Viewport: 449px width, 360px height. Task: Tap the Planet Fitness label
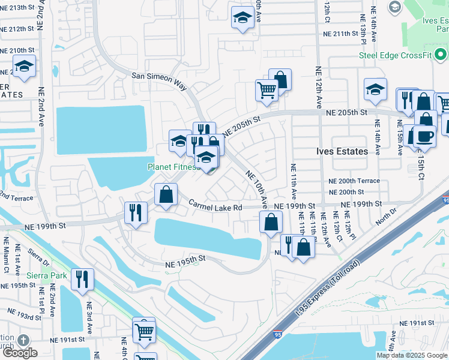pyautogui.click(x=173, y=167)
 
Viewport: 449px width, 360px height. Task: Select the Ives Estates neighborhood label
pyautogui.click(x=342, y=151)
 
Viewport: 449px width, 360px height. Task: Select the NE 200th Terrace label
pyautogui.click(x=354, y=181)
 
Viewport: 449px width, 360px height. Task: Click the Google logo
pyautogui.click(x=19, y=353)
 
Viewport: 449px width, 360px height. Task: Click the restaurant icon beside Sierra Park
pyautogui.click(x=80, y=279)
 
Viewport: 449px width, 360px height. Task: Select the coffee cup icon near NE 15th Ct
pyautogui.click(x=424, y=136)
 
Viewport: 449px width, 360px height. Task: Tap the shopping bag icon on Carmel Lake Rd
pyautogui.click(x=166, y=194)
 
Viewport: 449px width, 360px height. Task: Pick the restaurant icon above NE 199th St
pyautogui.click(x=136, y=212)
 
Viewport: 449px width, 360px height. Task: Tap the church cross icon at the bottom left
pyautogui.click(x=23, y=340)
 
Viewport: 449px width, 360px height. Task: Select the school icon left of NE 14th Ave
pyautogui.click(x=375, y=89)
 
